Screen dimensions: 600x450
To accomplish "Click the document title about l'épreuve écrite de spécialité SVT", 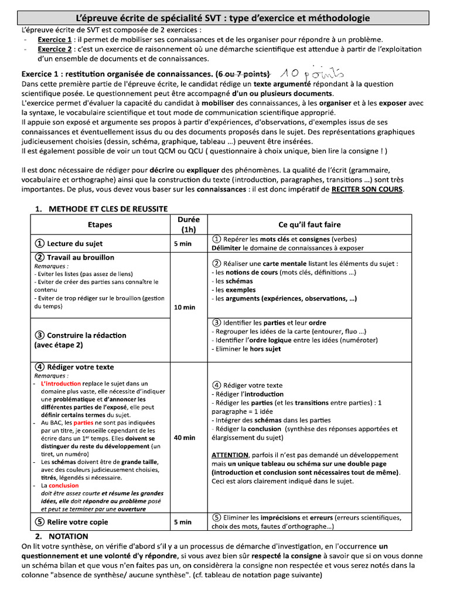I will coord(224,18).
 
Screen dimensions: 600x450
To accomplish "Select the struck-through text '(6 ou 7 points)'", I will coord(243,74).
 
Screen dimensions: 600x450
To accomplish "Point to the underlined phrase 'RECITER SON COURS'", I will coord(367,189).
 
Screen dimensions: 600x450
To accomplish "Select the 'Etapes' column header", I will coord(100,224).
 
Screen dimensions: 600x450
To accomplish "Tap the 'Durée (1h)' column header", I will coord(188,224).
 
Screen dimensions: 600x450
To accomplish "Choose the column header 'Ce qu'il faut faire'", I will coord(309,224).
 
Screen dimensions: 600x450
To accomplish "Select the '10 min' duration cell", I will coord(185,307).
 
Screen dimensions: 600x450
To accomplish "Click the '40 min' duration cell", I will coord(185,438).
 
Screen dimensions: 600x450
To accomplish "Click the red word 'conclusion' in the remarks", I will coord(63,486).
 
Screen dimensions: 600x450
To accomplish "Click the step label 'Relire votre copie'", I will coord(77,522).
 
